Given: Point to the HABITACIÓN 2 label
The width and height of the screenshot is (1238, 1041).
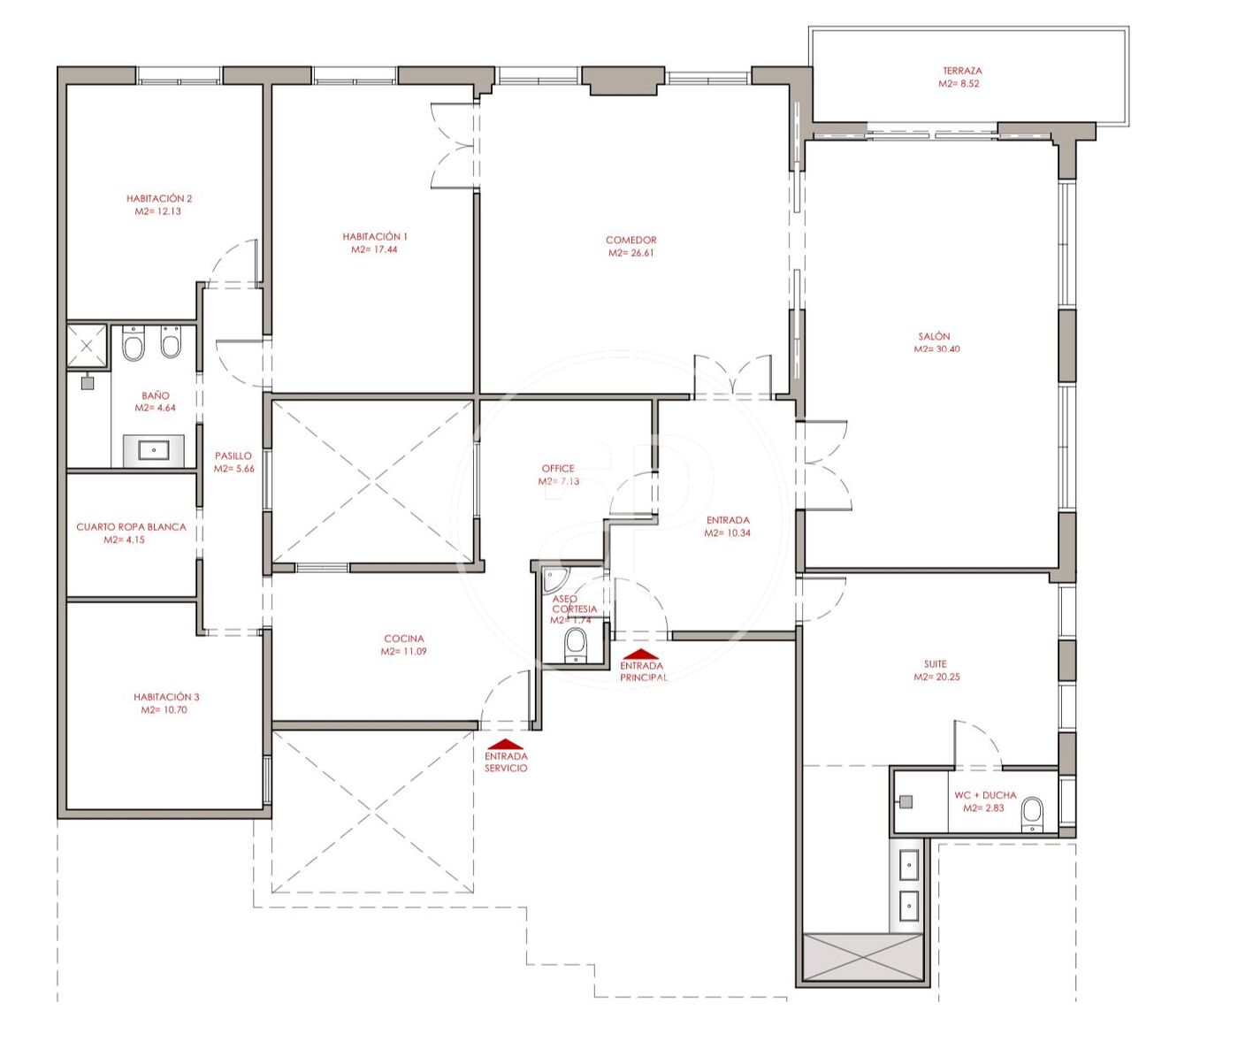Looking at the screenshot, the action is (159, 198).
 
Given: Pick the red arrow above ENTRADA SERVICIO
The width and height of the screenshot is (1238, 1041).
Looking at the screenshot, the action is (505, 744).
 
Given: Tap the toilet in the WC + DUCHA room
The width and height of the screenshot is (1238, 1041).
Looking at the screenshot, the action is (1032, 814).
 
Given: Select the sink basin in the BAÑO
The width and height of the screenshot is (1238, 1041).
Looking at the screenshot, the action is (154, 450).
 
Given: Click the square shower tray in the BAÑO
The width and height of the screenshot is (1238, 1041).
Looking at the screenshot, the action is (88, 345).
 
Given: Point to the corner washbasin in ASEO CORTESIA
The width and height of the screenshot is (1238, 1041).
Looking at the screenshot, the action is (555, 580).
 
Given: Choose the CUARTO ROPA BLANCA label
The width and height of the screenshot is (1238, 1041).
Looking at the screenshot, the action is (131, 527).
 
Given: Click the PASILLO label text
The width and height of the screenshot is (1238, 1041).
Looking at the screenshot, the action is (233, 455).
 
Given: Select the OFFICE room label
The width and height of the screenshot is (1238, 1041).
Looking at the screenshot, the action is (558, 469).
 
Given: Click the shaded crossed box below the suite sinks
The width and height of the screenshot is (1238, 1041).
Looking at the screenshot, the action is (862, 959).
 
